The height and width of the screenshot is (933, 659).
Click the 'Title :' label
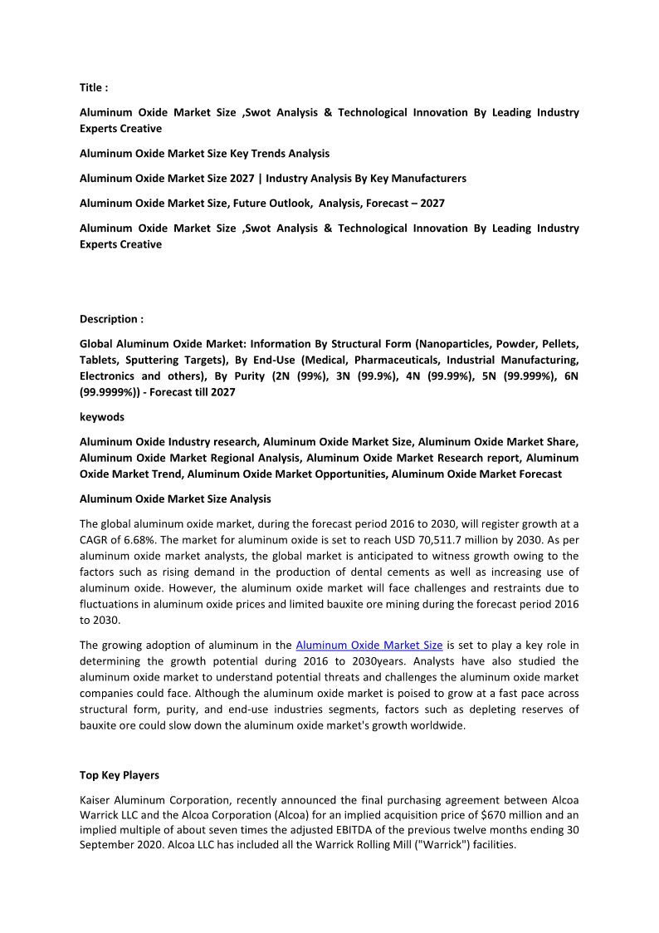pyautogui.click(x=94, y=87)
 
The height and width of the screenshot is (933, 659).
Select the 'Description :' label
pyautogui.click(x=111, y=319)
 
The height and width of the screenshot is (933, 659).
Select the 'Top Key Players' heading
pyautogui.click(x=120, y=775)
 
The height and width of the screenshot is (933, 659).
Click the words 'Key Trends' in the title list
pyautogui.click(x=268, y=154)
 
